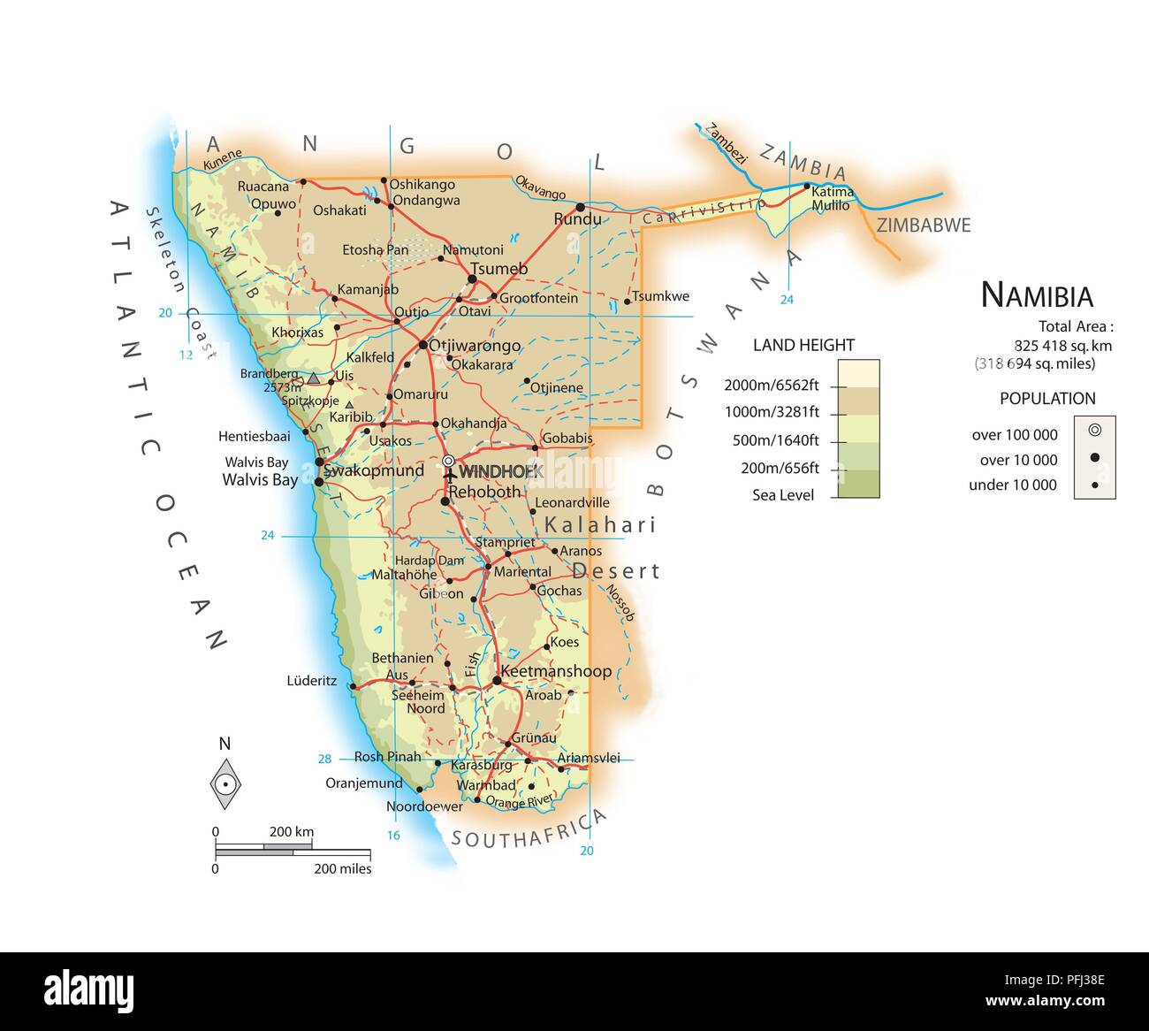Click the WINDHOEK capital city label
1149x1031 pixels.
[499, 471]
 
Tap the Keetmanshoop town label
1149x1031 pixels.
[556, 671]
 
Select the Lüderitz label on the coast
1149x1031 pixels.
[312, 681]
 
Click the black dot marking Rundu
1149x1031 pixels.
[581, 207]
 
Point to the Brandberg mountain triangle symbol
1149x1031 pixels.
[313, 378]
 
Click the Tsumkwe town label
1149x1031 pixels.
[661, 296]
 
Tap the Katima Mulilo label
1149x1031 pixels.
[832, 198]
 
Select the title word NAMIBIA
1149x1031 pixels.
[1037, 295]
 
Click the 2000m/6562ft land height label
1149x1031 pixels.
[772, 385]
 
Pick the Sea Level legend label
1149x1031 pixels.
[783, 495]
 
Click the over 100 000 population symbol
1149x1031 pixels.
[1094, 431]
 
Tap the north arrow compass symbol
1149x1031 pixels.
[225, 783]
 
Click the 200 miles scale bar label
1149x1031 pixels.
[343, 869]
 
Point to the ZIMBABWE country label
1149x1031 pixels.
[923, 225]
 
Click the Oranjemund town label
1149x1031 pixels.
[364, 783]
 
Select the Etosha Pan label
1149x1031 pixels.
[376, 250]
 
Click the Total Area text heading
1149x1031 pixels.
[1076, 326]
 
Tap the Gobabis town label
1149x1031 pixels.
[567, 439]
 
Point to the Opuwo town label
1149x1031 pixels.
[273, 204]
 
